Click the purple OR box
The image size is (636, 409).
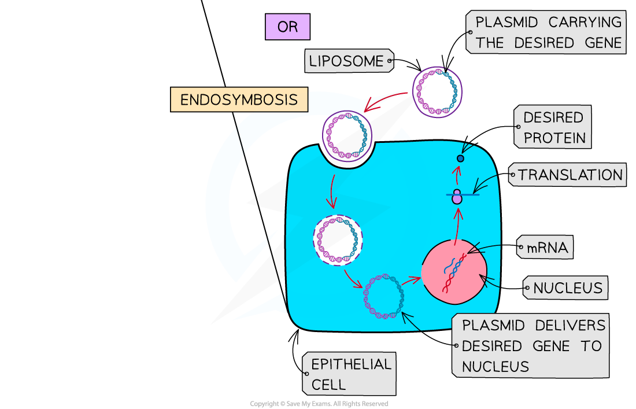pyautogui.click(x=287, y=27)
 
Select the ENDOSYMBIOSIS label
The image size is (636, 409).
pyautogui.click(x=239, y=100)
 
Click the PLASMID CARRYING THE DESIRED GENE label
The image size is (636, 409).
pyautogui.click(x=546, y=32)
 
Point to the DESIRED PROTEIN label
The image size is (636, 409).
pyautogui.click(x=553, y=127)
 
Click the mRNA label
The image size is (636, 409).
pyautogui.click(x=546, y=249)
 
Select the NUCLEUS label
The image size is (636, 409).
pyautogui.click(x=566, y=288)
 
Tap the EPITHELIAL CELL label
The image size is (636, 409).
pyautogui.click(x=350, y=374)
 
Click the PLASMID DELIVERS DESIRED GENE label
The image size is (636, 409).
pyautogui.click(x=531, y=346)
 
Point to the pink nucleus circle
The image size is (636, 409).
pyautogui.click(x=454, y=271)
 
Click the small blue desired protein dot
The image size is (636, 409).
pyautogui.click(x=460, y=158)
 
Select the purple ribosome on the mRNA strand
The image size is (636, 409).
pyautogui.click(x=457, y=197)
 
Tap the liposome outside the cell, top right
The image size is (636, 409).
pyautogui.click(x=438, y=91)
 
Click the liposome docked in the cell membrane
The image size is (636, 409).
pyautogui.click(x=346, y=137)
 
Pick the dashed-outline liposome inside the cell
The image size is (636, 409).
pyautogui.click(x=338, y=239)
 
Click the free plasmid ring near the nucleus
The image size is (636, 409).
pyautogui.click(x=383, y=296)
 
